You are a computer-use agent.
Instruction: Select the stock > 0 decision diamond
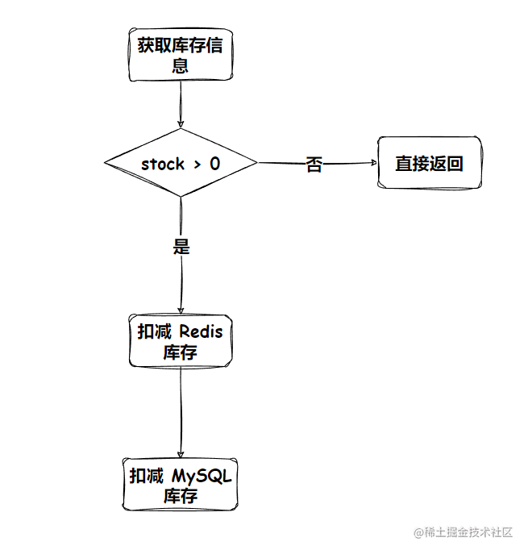pyautogui.click(x=181, y=163)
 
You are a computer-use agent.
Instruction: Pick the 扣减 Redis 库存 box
pyautogui.click(x=180, y=342)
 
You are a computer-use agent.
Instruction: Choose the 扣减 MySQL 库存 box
pyautogui.click(x=181, y=485)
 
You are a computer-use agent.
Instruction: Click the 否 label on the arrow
pyautogui.click(x=314, y=165)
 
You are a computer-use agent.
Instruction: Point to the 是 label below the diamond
pyautogui.click(x=181, y=247)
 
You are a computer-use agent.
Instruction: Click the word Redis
pyautogui.click(x=201, y=331)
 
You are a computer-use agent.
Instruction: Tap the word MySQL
pyautogui.click(x=202, y=476)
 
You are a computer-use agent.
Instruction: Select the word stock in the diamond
pyautogui.click(x=163, y=164)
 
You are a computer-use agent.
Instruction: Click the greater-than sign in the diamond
pyautogui.click(x=198, y=164)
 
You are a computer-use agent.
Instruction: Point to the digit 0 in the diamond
pyautogui.click(x=214, y=164)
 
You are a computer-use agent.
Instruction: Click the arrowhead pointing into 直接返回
pyautogui.click(x=372, y=163)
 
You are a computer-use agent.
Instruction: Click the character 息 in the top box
pyautogui.click(x=180, y=66)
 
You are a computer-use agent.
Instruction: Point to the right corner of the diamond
pyautogui.click(x=256, y=163)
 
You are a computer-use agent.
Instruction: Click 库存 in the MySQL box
pyautogui.click(x=181, y=496)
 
